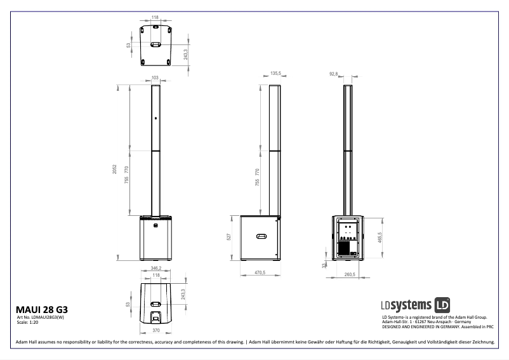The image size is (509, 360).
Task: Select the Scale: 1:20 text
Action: pyautogui.click(x=27, y=323)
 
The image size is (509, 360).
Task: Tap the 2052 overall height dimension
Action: pyautogui.click(x=115, y=170)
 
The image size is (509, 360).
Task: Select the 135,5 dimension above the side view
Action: pyautogui.click(x=275, y=74)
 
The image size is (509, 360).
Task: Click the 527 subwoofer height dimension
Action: pyautogui.click(x=229, y=237)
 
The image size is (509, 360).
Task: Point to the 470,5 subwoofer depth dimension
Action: pyautogui.click(x=259, y=272)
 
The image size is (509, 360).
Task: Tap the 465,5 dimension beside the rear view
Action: pyautogui.click(x=380, y=238)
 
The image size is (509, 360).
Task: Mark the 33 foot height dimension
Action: pyautogui.click(x=324, y=264)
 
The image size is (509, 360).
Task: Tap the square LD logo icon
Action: pyautogui.click(x=443, y=304)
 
